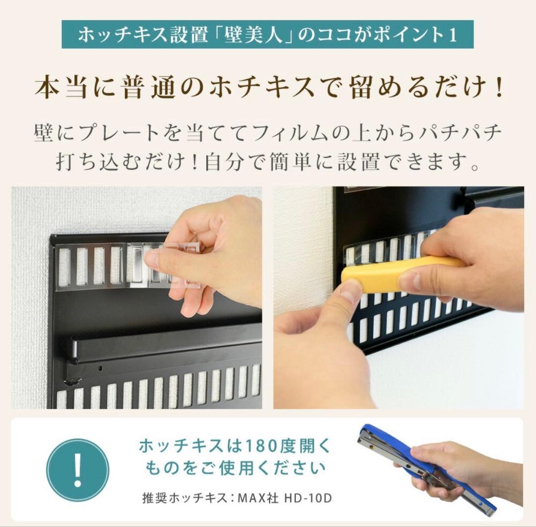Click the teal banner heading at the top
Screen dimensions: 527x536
[268, 34]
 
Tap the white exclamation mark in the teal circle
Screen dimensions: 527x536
[77, 469]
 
